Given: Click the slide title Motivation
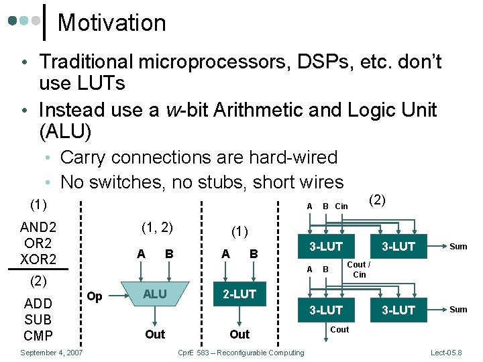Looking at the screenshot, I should point(111,23).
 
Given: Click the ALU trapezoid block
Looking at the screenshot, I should point(154,294).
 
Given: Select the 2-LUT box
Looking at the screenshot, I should point(239,294).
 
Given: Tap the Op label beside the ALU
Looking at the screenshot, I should point(95,296).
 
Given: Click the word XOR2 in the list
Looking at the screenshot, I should point(39,259).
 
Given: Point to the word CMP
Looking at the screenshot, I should point(38,335).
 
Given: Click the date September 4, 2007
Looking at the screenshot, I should point(52,353).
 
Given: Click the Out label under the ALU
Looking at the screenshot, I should point(154,334).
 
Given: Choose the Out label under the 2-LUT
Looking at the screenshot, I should point(239,334).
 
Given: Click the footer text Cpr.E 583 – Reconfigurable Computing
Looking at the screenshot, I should point(239,353).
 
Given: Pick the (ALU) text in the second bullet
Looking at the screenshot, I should point(65,131).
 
